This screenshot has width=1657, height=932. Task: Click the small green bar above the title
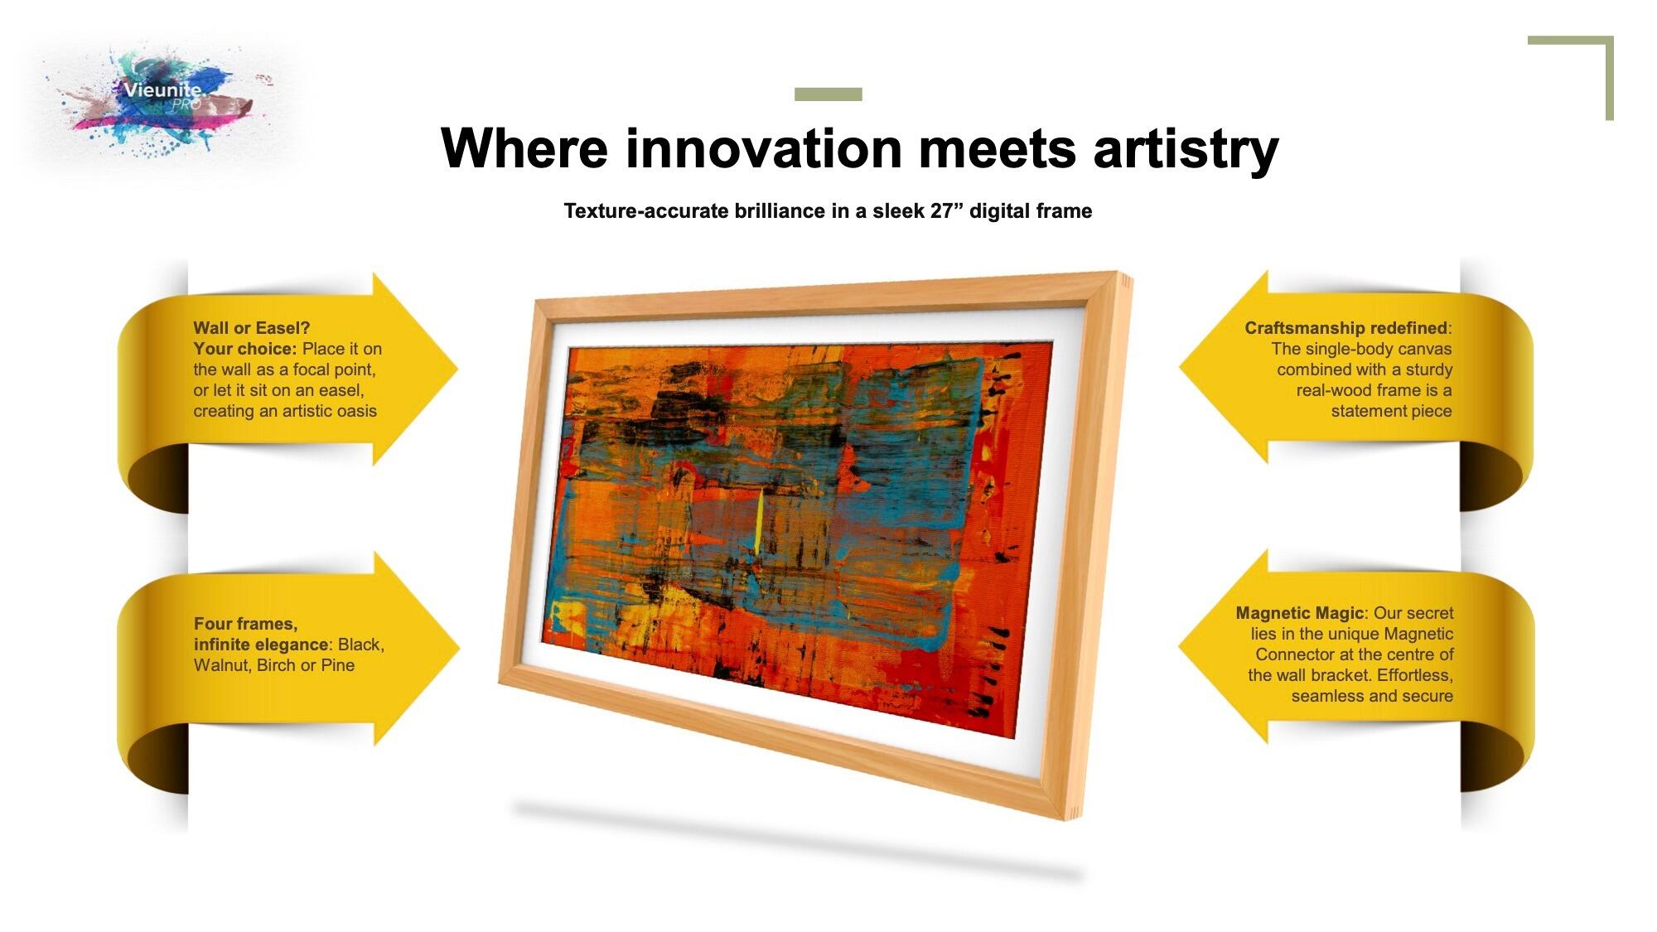point(828,94)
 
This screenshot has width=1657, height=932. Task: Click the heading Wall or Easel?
point(251,328)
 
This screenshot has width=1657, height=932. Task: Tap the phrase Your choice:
point(244,349)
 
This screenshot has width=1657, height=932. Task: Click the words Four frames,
point(245,624)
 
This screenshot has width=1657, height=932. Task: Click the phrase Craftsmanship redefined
point(1345,328)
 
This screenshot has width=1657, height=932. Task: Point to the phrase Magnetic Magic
point(1299,614)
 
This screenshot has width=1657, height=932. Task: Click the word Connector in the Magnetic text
point(1294,654)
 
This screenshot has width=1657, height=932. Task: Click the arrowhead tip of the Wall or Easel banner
point(457,369)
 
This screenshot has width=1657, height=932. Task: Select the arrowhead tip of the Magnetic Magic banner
point(1179,647)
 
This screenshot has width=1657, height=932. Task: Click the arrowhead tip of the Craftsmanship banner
point(1180,367)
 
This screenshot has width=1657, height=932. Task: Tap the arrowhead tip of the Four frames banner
point(459,649)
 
